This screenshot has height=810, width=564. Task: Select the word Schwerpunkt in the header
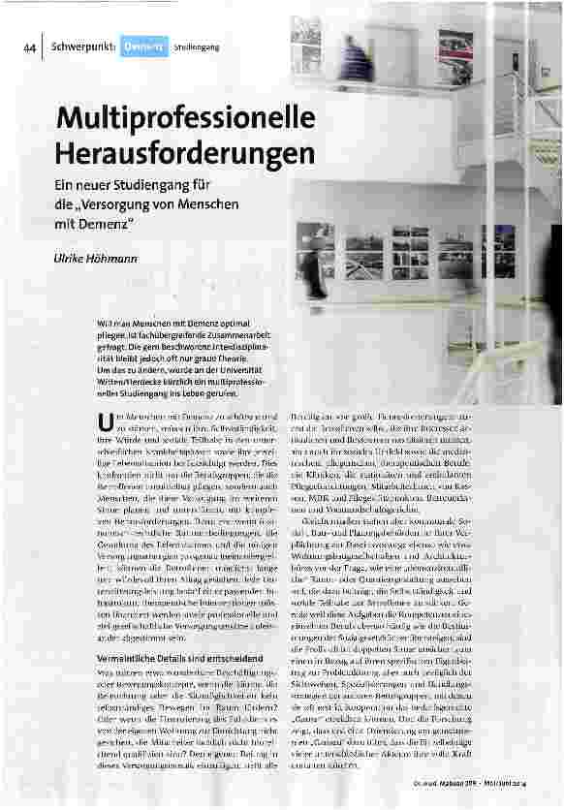(x=83, y=46)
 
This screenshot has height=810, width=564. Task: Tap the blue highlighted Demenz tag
(x=142, y=46)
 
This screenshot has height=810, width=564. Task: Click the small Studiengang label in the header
(x=197, y=46)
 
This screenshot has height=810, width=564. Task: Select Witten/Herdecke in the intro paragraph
(x=126, y=381)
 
